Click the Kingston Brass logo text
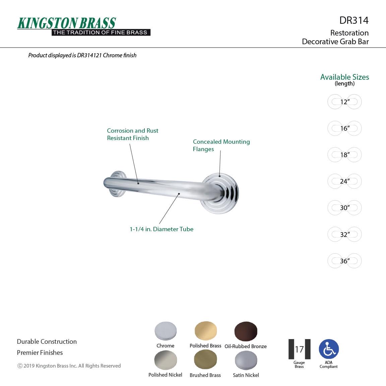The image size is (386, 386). pos(66,23)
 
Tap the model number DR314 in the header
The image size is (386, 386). pos(354,20)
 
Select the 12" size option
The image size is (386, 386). pos(344,102)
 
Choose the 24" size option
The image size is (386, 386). pos(344,181)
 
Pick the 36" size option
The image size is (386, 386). pos(344,261)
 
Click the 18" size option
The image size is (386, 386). pos(344,154)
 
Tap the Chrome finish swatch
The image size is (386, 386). pos(166,331)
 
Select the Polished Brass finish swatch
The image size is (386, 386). pos(205,331)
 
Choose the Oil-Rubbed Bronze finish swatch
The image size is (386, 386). pos(246,331)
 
